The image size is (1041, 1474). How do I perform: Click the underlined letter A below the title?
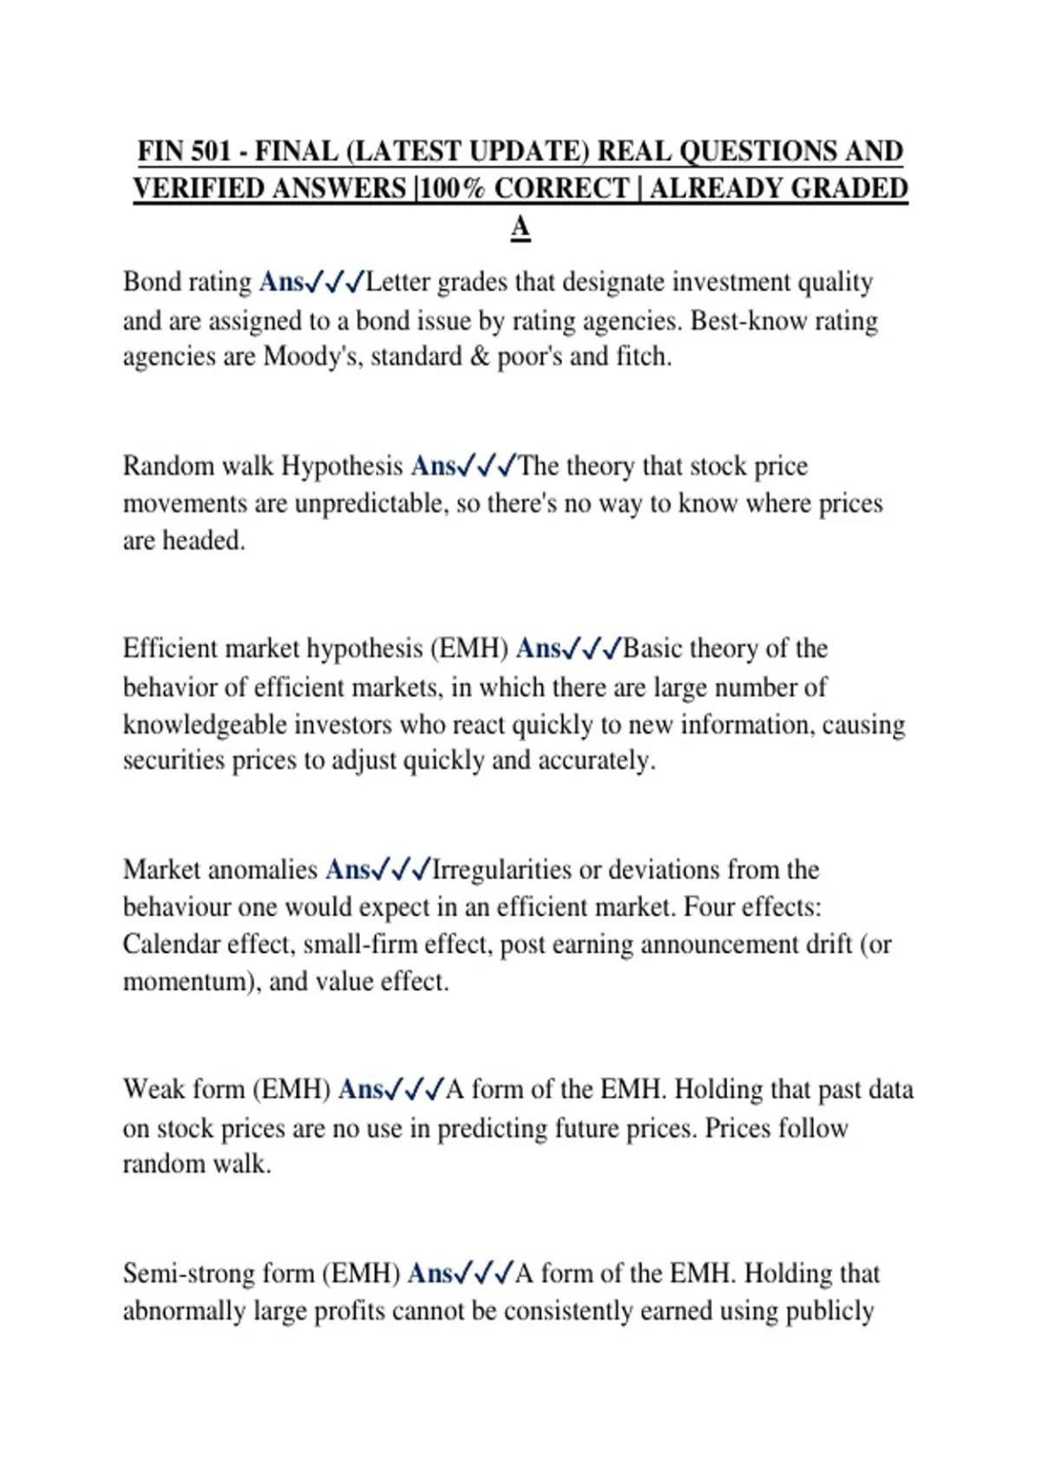(x=520, y=227)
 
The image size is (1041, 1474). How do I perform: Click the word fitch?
(x=644, y=356)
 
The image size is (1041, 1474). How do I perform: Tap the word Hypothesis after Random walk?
(x=343, y=466)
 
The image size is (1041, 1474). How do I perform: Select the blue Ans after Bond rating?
(x=281, y=283)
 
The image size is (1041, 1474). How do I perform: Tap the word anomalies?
(x=263, y=870)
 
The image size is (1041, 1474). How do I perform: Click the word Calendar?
(x=171, y=943)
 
